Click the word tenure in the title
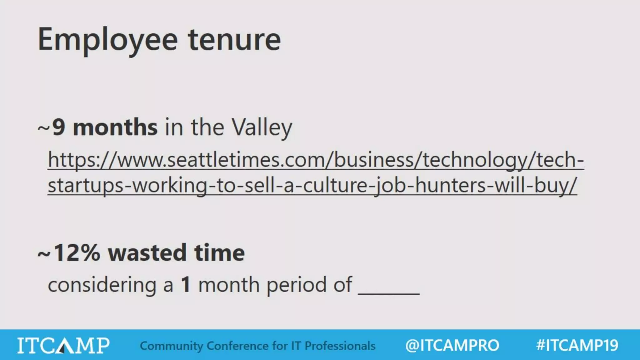234,40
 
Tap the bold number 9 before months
59,127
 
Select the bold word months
115,127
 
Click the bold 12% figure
77,252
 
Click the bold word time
219,252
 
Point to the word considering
102,285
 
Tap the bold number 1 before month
186,285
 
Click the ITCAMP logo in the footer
63,345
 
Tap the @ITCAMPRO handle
452,345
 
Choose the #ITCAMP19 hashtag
577,345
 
